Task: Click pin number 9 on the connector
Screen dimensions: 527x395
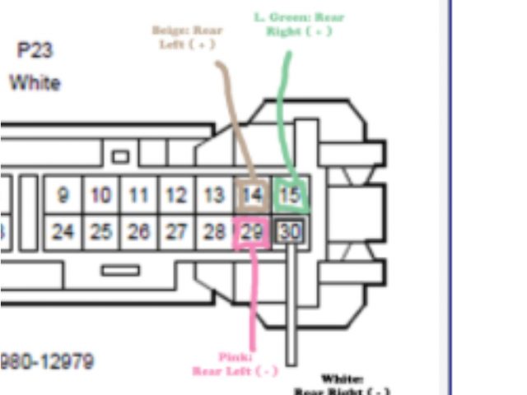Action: tap(63, 196)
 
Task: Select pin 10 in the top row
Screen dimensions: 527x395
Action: tap(100, 196)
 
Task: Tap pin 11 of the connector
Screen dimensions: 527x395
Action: tap(138, 196)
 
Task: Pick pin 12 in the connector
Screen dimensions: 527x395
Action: tap(175, 196)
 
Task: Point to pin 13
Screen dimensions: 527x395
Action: tap(214, 196)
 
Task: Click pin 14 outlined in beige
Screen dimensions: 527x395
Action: tap(251, 196)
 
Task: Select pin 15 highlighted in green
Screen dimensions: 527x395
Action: tap(290, 196)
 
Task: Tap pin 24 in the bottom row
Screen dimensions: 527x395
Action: tap(63, 232)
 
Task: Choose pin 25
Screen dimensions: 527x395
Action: tap(100, 232)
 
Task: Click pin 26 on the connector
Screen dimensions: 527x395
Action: tap(138, 232)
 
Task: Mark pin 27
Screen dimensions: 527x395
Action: tap(175, 232)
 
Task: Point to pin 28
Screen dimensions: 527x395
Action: tap(214, 232)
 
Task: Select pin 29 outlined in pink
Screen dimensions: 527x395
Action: tap(251, 232)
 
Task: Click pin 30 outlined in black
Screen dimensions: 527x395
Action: tap(290, 232)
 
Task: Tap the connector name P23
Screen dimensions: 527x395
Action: tap(35, 51)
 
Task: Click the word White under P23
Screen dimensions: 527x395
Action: tap(35, 83)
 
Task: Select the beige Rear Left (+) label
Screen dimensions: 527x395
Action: tap(187, 37)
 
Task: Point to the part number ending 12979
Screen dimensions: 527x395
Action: tap(48, 361)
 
